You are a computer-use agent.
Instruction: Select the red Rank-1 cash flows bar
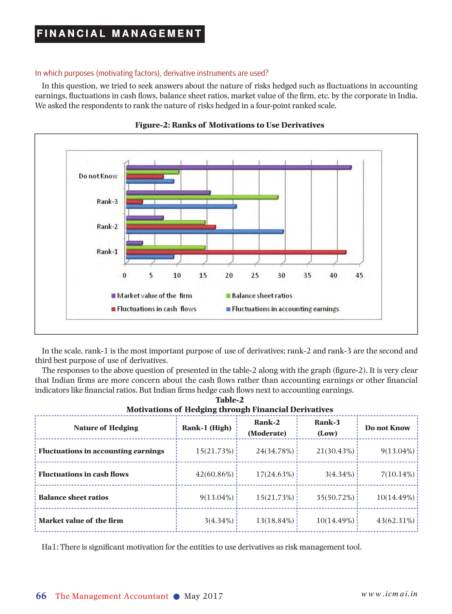(236, 252)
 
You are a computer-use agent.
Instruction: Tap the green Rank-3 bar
(202, 197)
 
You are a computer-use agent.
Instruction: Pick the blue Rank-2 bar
(205, 232)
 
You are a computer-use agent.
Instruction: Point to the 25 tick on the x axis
(255, 276)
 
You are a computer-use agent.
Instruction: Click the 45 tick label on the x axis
(359, 276)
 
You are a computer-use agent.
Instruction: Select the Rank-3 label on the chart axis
(107, 202)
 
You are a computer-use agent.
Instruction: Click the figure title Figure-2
(229, 125)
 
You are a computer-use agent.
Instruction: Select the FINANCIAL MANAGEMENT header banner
(119, 34)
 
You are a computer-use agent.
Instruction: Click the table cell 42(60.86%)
(214, 474)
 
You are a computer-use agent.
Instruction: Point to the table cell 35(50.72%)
(335, 497)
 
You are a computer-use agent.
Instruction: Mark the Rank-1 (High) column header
(207, 428)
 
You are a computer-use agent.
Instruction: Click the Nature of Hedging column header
(106, 428)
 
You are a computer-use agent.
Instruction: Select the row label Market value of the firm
(81, 521)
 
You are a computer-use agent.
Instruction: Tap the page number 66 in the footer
(41, 596)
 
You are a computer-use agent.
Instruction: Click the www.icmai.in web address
(389, 594)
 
